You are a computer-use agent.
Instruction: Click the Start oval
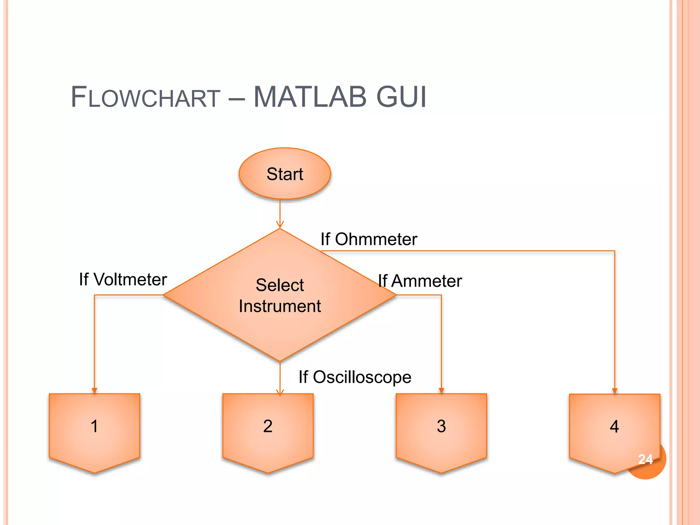point(285,174)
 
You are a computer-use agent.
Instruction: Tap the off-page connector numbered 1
point(94,431)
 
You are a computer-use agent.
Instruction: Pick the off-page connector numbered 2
point(268,431)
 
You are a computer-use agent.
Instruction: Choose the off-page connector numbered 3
point(441,431)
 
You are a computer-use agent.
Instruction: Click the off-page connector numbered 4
point(614,431)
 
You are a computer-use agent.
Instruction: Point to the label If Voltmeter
point(123,280)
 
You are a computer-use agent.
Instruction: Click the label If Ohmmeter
point(368,239)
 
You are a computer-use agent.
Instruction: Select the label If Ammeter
point(420,281)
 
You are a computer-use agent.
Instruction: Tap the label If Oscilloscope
point(355,377)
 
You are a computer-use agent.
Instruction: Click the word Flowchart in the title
point(145,97)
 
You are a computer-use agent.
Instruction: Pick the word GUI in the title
point(401,97)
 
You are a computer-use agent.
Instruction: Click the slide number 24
point(645,459)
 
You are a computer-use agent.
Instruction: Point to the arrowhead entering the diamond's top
point(280,225)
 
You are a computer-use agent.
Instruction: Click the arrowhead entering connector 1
point(94,391)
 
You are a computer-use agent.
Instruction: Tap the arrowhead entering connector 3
point(441,391)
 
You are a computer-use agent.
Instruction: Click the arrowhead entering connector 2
point(280,393)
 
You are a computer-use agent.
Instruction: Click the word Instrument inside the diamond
point(280,306)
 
